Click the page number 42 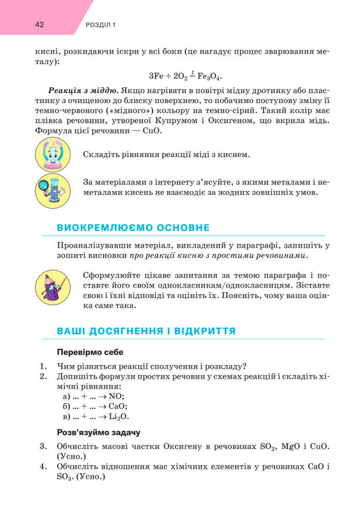[40, 24]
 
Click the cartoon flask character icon [53, 154]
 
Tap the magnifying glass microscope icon [53, 190]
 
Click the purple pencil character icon [52, 287]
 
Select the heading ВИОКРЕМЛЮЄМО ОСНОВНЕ [133, 227]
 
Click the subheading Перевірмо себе [90, 352]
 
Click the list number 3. [42, 446]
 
